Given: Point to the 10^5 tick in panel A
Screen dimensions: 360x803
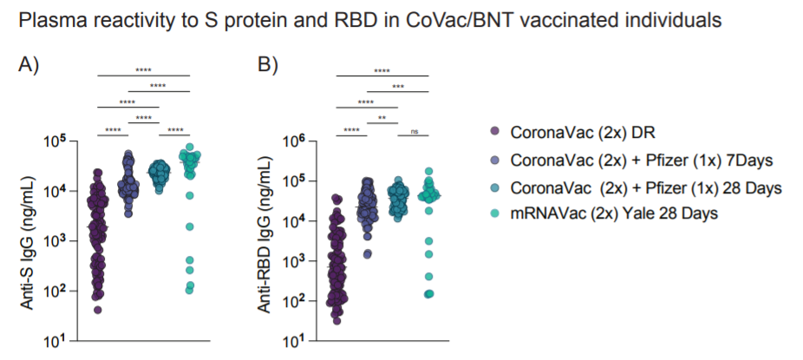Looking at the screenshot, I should [68, 141].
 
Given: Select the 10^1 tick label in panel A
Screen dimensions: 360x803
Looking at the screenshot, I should [68, 341].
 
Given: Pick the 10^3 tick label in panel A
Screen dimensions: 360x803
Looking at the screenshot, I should [68, 240].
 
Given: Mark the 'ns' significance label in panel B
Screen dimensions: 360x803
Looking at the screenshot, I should [414, 131].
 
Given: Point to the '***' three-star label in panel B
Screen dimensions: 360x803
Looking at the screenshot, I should [398, 86].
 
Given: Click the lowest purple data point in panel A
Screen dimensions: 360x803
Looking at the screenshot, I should [98, 310].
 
